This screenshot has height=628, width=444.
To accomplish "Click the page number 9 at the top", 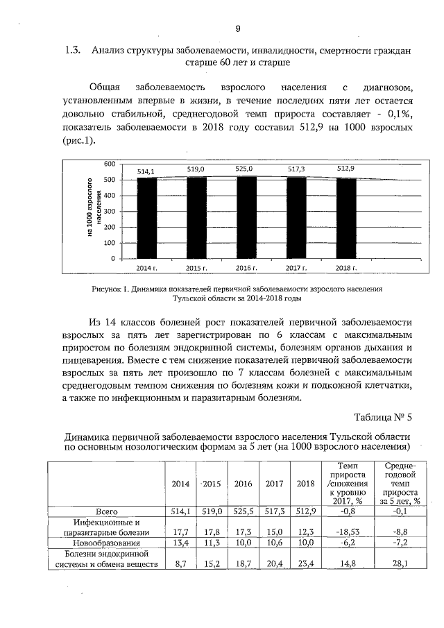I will [x=237, y=28].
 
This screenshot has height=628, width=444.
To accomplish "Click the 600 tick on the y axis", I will [x=109, y=164].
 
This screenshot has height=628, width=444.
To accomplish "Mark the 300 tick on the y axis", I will [x=109, y=212].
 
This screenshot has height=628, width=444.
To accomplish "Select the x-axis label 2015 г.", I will [x=197, y=267].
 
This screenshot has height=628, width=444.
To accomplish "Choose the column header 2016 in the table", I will [x=243, y=484].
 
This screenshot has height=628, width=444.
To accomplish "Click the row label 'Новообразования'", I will [x=105, y=543].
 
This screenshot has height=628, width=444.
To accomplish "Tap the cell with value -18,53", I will [x=340, y=532].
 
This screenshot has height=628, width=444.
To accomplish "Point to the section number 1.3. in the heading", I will [x=73, y=50].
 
